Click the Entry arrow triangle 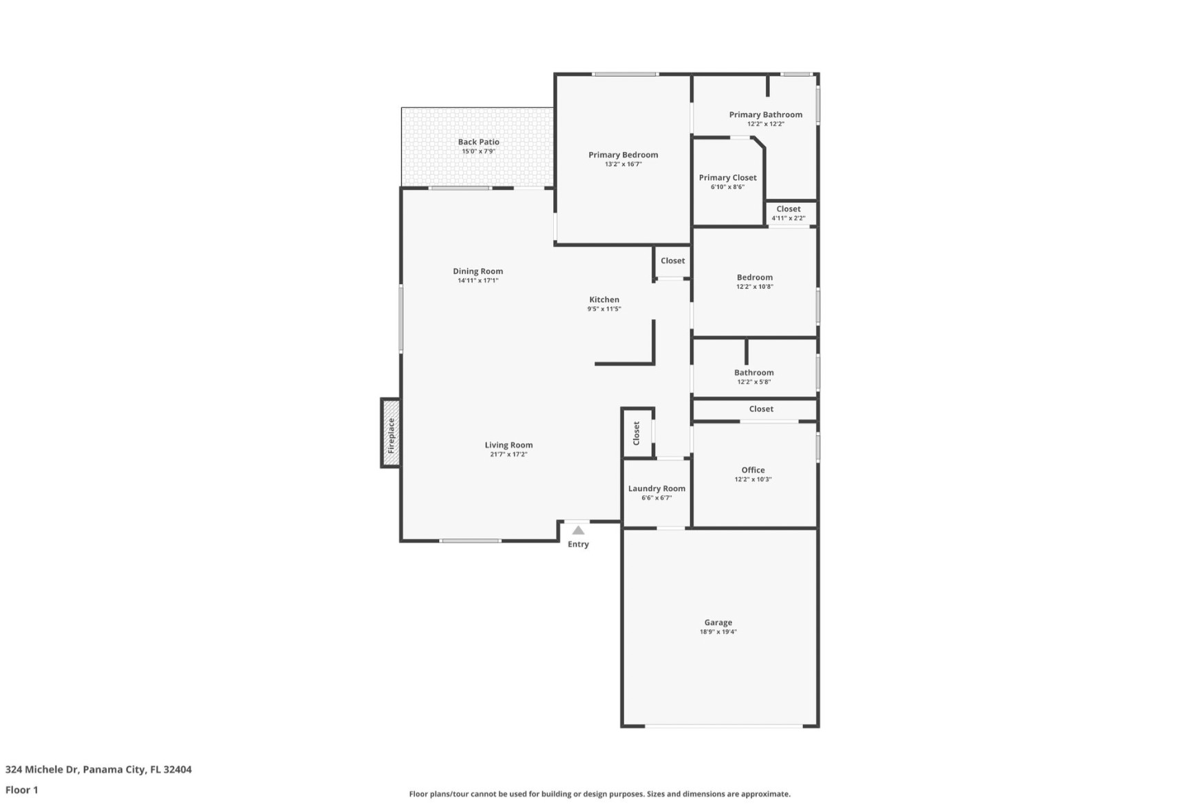578,530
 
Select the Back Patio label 478,142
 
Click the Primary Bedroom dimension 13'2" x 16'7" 623,164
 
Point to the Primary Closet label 727,177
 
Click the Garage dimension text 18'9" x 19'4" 718,632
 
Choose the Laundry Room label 656,488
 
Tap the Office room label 753,470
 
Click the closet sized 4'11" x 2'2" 788,213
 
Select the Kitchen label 603,299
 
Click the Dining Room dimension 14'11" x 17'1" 478,281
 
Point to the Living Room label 508,445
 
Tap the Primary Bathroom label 765,115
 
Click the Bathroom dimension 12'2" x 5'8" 753,382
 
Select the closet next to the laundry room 636,433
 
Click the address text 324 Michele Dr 41,770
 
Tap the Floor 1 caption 22,789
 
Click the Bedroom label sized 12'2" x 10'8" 754,277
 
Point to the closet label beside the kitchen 672,261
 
